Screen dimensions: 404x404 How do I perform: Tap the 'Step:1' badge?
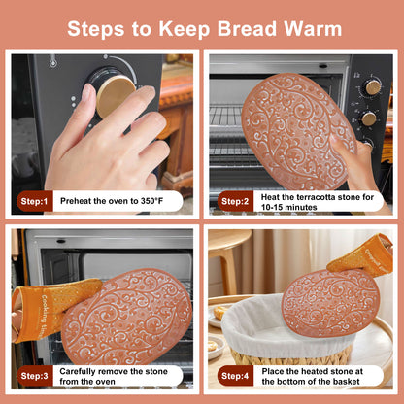[35, 201]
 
